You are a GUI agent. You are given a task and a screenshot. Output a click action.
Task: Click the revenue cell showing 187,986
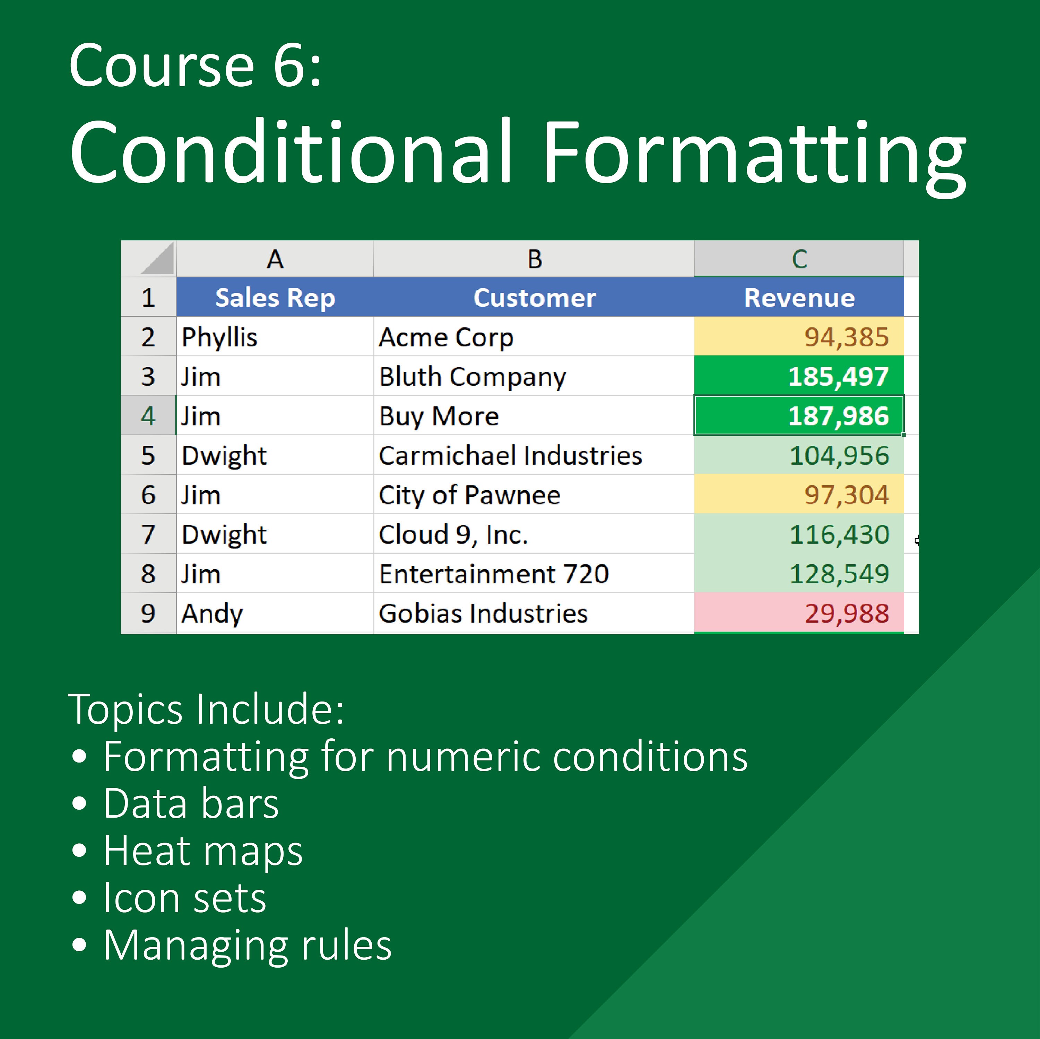[799, 415]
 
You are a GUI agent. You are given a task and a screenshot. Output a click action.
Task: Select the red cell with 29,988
[799, 613]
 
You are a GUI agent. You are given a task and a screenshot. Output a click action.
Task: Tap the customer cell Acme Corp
[533, 337]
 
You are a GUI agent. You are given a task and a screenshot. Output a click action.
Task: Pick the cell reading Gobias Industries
[533, 613]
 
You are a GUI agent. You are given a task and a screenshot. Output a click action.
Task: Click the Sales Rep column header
[275, 298]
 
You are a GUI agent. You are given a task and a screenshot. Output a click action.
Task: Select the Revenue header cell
[799, 298]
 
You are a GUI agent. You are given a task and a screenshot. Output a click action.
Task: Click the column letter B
[534, 259]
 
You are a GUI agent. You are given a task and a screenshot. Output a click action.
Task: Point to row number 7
[148, 534]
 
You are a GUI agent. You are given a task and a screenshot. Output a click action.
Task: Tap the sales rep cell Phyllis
[275, 337]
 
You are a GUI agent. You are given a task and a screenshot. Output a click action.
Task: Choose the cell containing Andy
[275, 613]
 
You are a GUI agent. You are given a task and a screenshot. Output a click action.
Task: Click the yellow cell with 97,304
[799, 494]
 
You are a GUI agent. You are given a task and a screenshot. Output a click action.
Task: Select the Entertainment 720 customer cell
[533, 574]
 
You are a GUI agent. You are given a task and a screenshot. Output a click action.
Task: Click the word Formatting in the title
[754, 153]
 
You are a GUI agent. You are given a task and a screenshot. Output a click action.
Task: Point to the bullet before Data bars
[79, 803]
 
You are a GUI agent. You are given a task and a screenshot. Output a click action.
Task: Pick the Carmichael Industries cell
[533, 455]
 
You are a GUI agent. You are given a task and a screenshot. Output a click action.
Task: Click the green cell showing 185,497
[799, 376]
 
